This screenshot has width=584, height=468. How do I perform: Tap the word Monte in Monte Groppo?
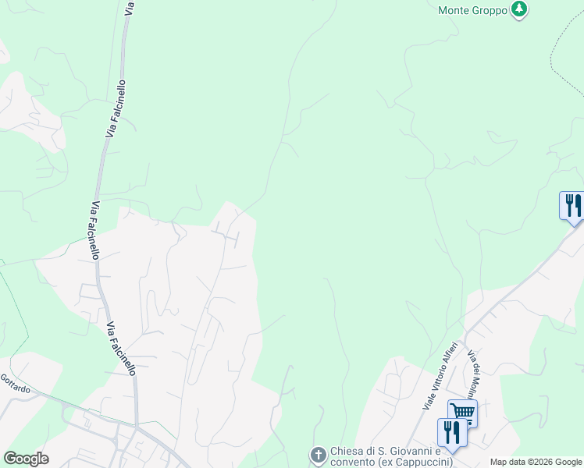454,11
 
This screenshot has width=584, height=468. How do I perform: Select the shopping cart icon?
461,411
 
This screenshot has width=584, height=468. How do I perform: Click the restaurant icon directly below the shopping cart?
452,431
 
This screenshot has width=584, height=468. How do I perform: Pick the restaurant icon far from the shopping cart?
572,206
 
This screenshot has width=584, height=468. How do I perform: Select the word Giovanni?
413,451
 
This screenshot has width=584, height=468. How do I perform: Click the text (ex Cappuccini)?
419,463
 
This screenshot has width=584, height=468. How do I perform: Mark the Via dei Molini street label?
474,373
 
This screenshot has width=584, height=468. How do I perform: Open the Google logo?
26,459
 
